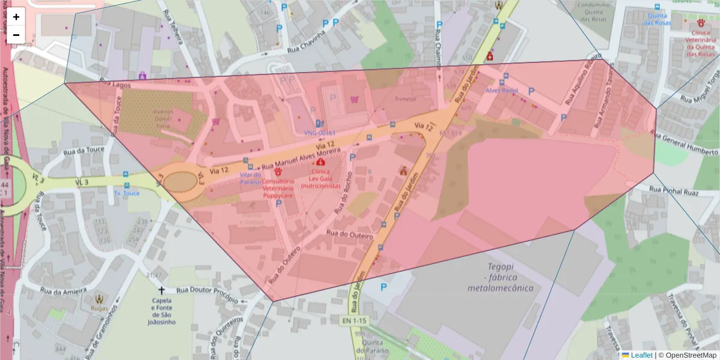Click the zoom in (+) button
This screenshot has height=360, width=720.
(16, 17)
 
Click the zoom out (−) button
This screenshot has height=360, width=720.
(16, 34)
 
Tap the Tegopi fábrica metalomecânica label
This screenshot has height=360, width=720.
(502, 277)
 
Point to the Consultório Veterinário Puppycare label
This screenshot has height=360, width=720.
(277, 188)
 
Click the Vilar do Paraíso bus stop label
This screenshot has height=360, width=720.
(250, 178)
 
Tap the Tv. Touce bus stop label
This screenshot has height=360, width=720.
(127, 193)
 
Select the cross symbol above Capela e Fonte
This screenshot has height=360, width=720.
(161, 290)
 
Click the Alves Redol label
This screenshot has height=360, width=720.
(502, 90)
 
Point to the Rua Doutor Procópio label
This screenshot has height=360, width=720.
(208, 290)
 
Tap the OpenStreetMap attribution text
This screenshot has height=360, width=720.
(688, 355)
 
